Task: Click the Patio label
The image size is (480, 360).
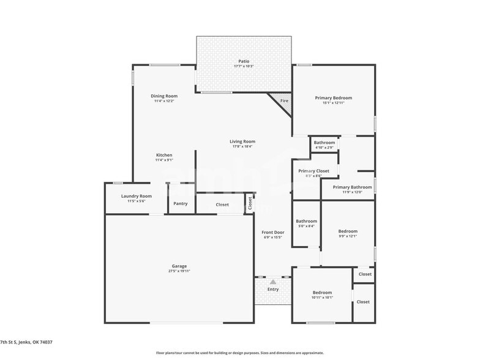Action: coord(244,61)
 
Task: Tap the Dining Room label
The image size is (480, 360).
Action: coord(164,96)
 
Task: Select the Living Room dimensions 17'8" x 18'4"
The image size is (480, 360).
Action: coord(242,147)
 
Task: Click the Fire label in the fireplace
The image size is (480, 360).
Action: coord(284,100)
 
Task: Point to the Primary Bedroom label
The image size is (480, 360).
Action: coord(334,98)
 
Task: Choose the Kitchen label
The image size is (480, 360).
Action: coord(164,155)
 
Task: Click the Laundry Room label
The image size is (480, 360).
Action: coord(136,196)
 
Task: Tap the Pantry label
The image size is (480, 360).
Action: coord(181,204)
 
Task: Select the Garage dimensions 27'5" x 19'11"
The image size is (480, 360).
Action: coord(179,271)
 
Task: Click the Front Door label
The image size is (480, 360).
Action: coord(273,233)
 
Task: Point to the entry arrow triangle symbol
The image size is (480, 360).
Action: coord(273,282)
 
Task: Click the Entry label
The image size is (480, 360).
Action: coord(273,289)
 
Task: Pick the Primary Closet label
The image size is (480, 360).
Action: coord(313,171)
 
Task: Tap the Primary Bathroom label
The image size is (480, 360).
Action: coord(352,187)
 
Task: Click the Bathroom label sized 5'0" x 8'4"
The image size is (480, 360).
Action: coord(306,221)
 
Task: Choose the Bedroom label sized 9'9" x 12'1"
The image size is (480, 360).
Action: coord(348,231)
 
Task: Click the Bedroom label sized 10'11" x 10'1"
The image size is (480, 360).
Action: coord(322,293)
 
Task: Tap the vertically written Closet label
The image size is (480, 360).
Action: coord(250,203)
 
